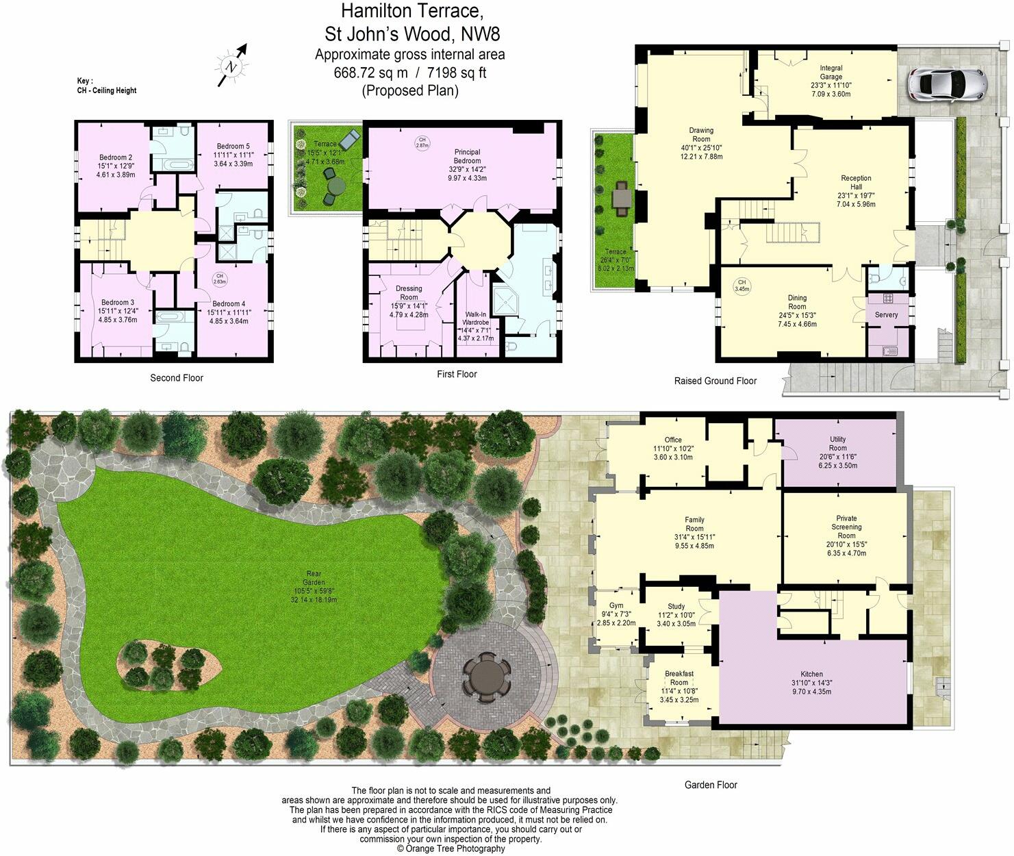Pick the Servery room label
[x=886, y=315]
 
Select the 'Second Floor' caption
[x=177, y=378]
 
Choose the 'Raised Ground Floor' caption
[x=715, y=381]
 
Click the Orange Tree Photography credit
[x=451, y=848]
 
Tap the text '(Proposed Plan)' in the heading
[x=409, y=90]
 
